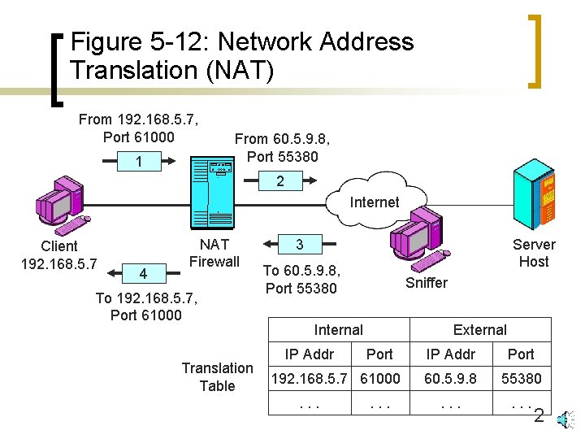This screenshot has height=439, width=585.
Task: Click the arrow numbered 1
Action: pos(138,162)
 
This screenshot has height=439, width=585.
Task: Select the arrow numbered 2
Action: pos(281,181)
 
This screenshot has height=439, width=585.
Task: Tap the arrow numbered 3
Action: pos(299,245)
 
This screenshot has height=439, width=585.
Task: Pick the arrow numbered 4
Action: pos(143,274)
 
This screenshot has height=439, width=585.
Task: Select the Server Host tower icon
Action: pos(535,196)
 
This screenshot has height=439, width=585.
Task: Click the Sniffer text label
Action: pos(427,283)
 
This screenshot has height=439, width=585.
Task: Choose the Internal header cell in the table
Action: pos(339,329)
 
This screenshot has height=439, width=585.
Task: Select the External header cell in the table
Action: pos(479,329)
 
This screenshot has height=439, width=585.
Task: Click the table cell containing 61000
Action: pos(379,378)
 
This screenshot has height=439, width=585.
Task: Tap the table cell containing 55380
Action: pos(521,378)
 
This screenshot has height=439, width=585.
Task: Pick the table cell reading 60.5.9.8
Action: pos(451,378)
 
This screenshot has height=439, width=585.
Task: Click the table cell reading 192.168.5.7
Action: pos(309,378)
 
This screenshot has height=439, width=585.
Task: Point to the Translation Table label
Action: pos(217,377)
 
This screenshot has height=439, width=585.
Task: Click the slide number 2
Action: pos(538,417)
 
